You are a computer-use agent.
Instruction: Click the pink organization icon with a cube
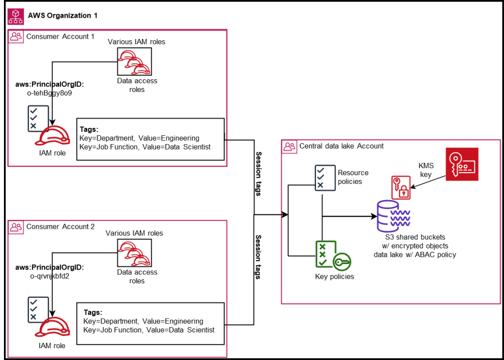16,16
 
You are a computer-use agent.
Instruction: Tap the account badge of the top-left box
16,36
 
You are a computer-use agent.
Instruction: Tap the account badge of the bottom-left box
16,227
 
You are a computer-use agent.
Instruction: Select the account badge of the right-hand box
289,147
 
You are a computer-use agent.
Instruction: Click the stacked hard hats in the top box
134,62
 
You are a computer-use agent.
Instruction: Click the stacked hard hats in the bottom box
134,254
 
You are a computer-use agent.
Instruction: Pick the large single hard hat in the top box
53,136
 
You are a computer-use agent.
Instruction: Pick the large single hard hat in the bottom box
53,327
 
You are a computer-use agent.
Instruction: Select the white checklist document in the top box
37,118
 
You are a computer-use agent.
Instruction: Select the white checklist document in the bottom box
37,309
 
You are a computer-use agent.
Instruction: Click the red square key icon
462,164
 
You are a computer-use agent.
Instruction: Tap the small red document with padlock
401,188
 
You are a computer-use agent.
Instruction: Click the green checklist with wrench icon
333,255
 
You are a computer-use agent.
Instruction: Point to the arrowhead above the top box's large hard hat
52,122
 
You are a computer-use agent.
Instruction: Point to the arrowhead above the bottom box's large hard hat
52,314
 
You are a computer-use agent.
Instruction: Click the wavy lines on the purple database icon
401,218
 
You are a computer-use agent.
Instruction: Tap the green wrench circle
342,262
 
